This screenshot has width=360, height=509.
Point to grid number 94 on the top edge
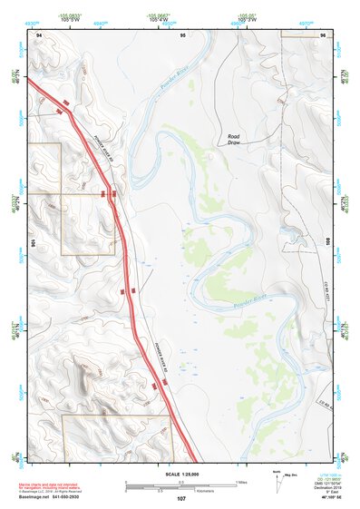[x=39, y=34]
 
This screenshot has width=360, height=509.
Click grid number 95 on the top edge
[x=182, y=34]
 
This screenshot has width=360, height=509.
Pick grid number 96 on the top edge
[x=324, y=34]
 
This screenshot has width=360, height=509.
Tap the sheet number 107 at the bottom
[x=181, y=499]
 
